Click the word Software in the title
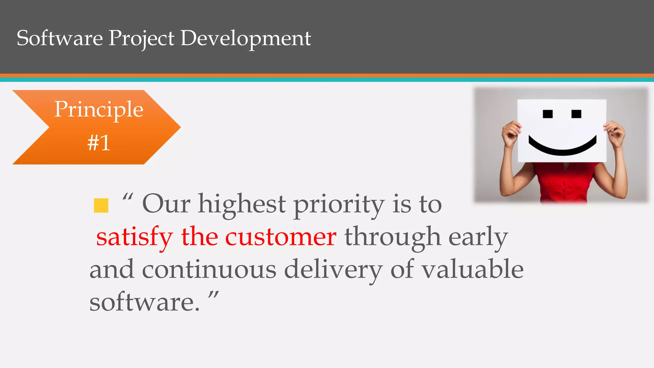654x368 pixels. (60, 38)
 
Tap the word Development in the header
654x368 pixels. (246, 38)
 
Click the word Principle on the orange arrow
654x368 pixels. (99, 110)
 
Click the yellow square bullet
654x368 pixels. (101, 205)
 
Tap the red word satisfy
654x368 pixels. (134, 238)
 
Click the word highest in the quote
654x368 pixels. (242, 204)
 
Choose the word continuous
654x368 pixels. (209, 269)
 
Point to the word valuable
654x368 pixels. (473, 269)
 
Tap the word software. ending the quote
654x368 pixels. (144, 302)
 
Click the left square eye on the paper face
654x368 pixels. (548, 114)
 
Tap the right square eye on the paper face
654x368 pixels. (576, 114)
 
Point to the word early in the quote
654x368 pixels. (478, 238)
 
